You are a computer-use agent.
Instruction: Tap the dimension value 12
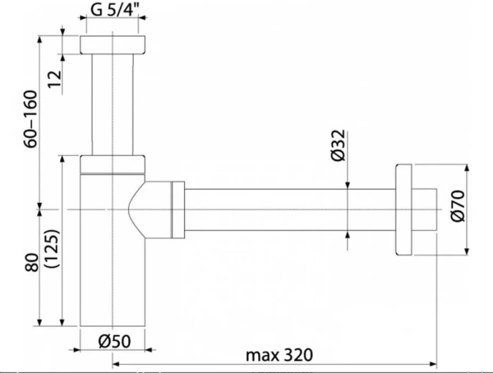pyautogui.click(x=54, y=77)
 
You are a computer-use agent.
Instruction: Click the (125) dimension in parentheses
pyautogui.click(x=52, y=249)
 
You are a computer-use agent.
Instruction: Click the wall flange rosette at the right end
pyautogui.click(x=403, y=209)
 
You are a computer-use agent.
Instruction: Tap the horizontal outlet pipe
pyautogui.click(x=286, y=209)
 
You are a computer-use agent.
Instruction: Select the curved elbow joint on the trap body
pyautogui.click(x=152, y=209)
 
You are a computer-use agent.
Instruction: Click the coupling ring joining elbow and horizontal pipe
pyautogui.click(x=178, y=209)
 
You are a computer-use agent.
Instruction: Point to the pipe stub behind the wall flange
pyautogui.click(x=425, y=209)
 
